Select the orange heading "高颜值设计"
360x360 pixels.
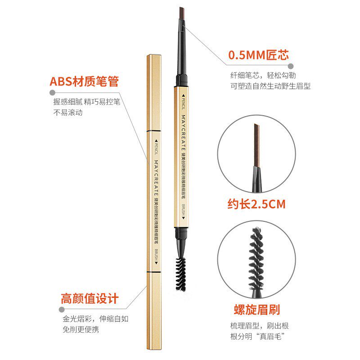click(90, 298)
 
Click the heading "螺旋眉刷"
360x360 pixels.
click(257, 310)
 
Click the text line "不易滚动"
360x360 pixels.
click(68, 112)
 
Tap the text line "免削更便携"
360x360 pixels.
click(81, 329)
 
